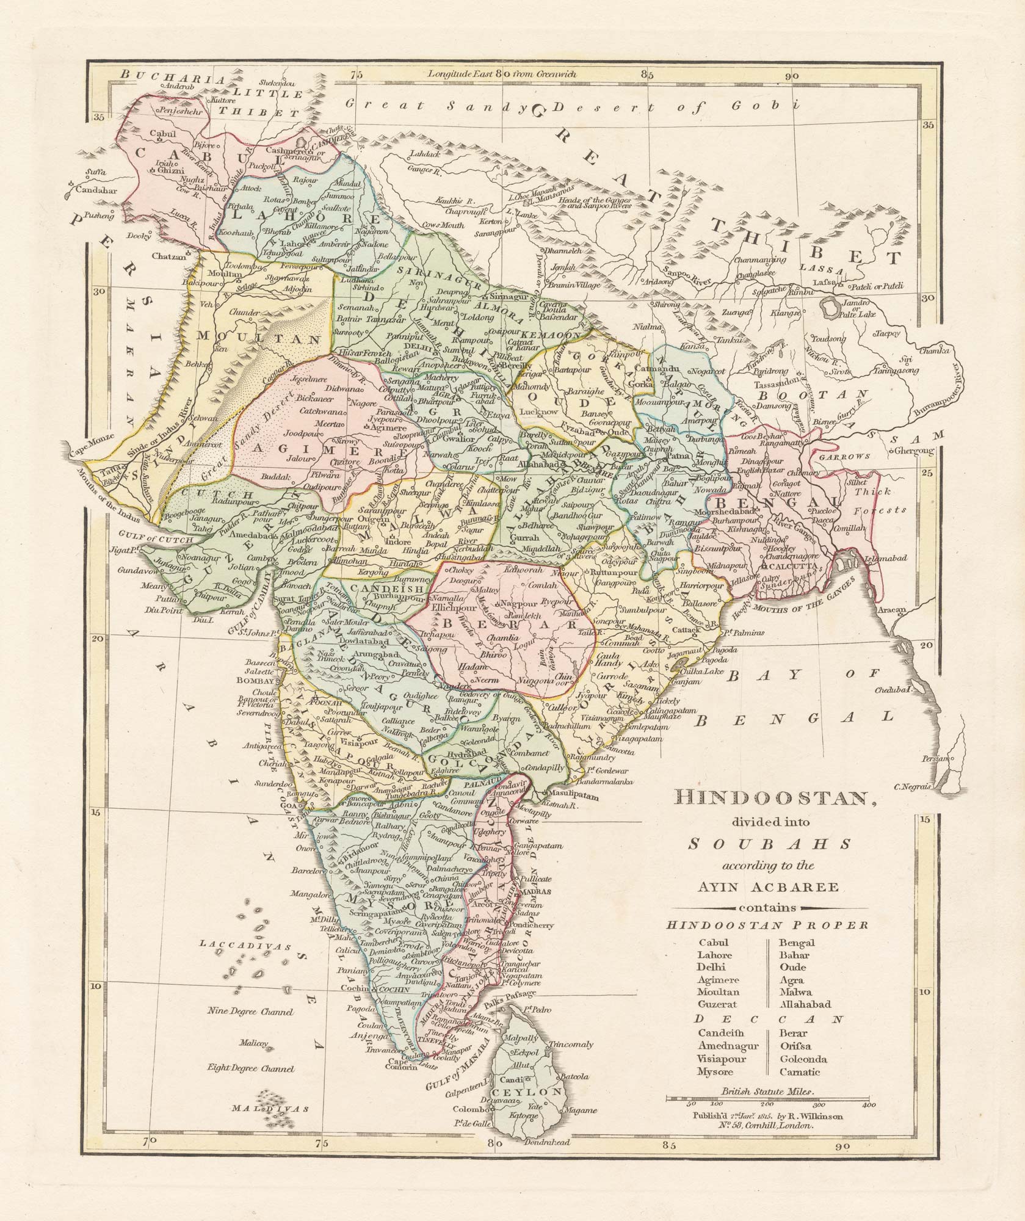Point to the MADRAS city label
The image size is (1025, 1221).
(529, 892)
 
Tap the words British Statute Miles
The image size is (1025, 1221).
(767, 1092)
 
